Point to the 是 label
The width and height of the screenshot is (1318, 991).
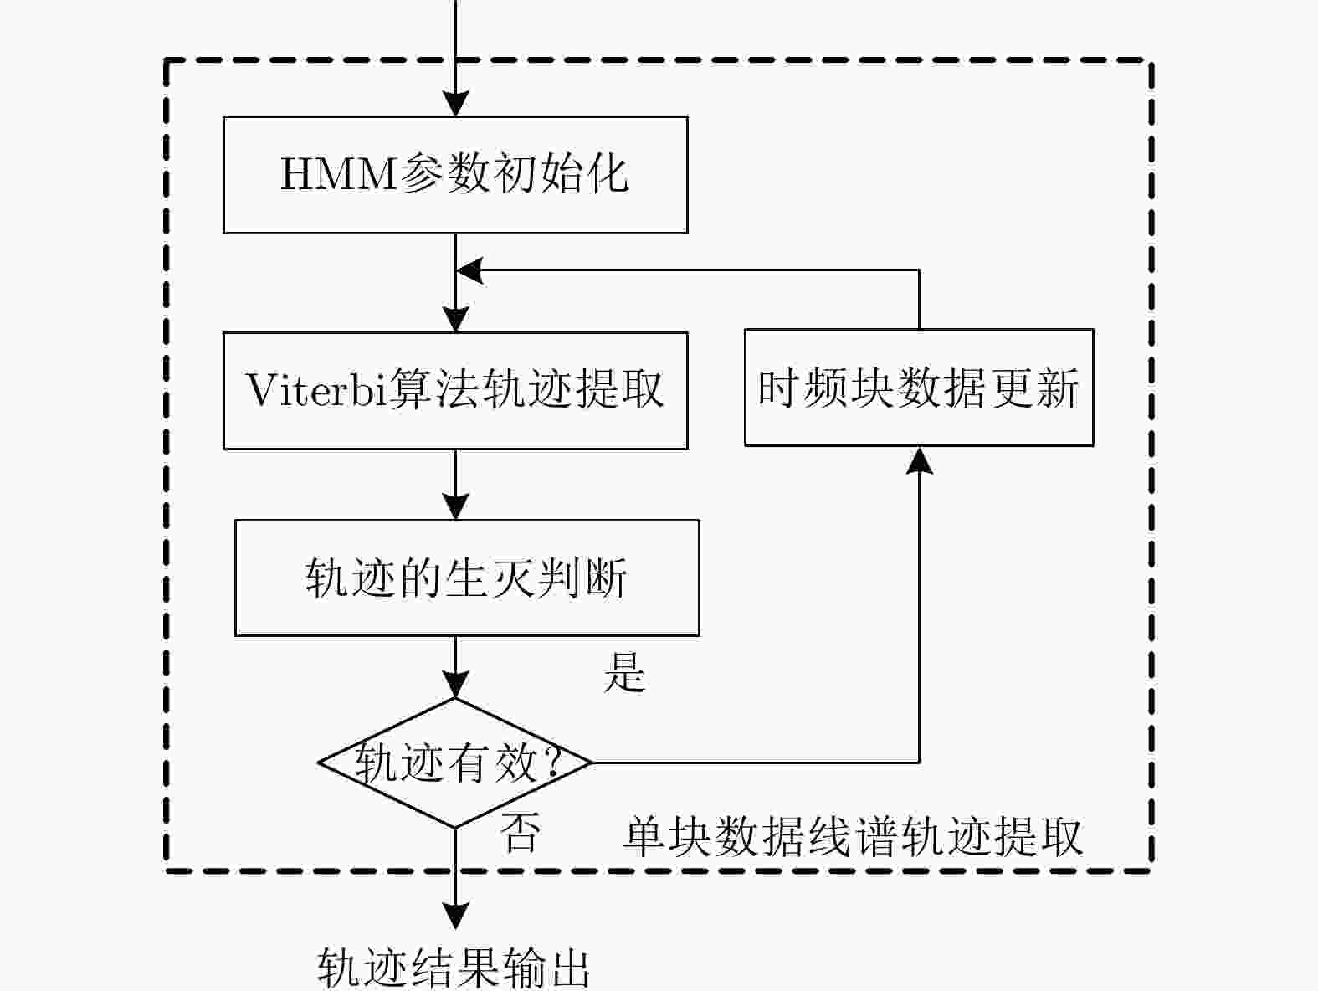click(624, 672)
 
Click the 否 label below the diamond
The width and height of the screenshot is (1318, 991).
click(520, 833)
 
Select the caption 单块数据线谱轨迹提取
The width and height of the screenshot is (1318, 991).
click(853, 837)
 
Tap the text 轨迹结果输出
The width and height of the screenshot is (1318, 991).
click(454, 968)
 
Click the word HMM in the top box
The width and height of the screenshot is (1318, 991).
click(339, 175)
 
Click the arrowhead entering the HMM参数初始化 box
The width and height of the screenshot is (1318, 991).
click(455, 104)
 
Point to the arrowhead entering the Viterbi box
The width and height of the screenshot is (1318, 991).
click(455, 320)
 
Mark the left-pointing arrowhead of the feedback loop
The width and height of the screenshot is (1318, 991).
click(469, 270)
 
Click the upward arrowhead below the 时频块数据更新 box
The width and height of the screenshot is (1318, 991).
click(919, 460)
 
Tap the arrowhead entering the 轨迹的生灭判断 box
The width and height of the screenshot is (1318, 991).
click(455, 507)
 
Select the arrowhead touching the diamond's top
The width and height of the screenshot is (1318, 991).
click(455, 685)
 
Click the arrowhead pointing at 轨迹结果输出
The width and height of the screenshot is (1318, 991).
click(455, 917)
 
